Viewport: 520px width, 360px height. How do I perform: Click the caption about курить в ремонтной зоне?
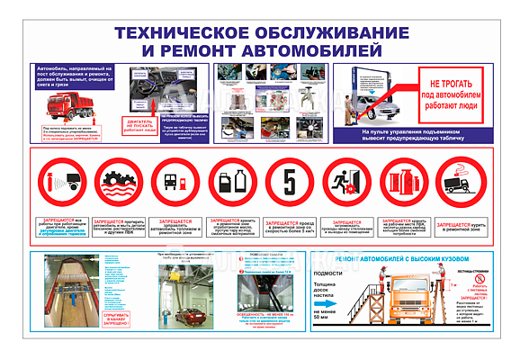click(x=460, y=228)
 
